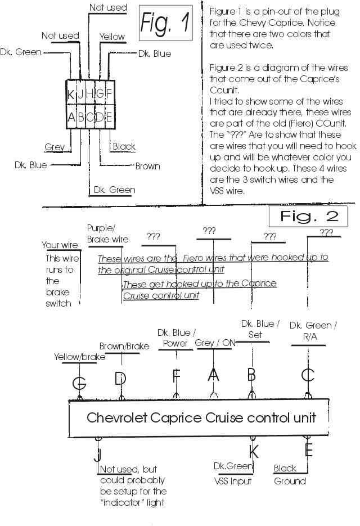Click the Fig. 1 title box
165,24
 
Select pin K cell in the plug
71,95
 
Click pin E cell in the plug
109,118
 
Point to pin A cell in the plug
71,118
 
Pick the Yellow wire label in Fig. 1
112,37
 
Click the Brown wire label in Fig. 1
147,166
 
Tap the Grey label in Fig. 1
54,147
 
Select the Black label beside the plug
124,147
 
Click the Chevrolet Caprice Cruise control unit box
201,418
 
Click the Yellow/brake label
79,357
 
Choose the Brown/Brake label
124,346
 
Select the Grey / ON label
213,343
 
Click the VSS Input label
233,481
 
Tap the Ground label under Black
290,481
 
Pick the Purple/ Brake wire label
107,233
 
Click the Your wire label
60,245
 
